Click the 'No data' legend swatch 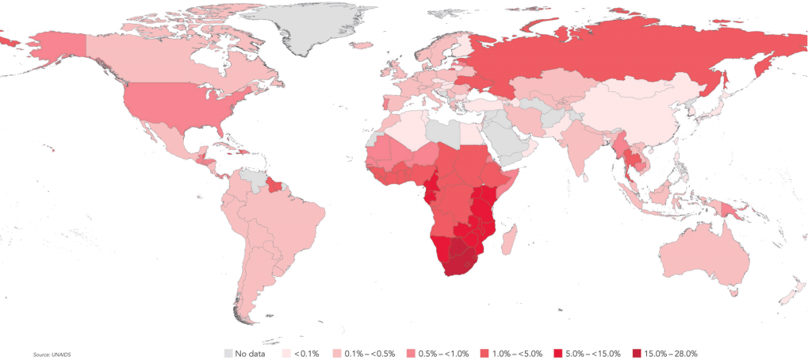229,353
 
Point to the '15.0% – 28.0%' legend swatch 638,353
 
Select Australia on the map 702,254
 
